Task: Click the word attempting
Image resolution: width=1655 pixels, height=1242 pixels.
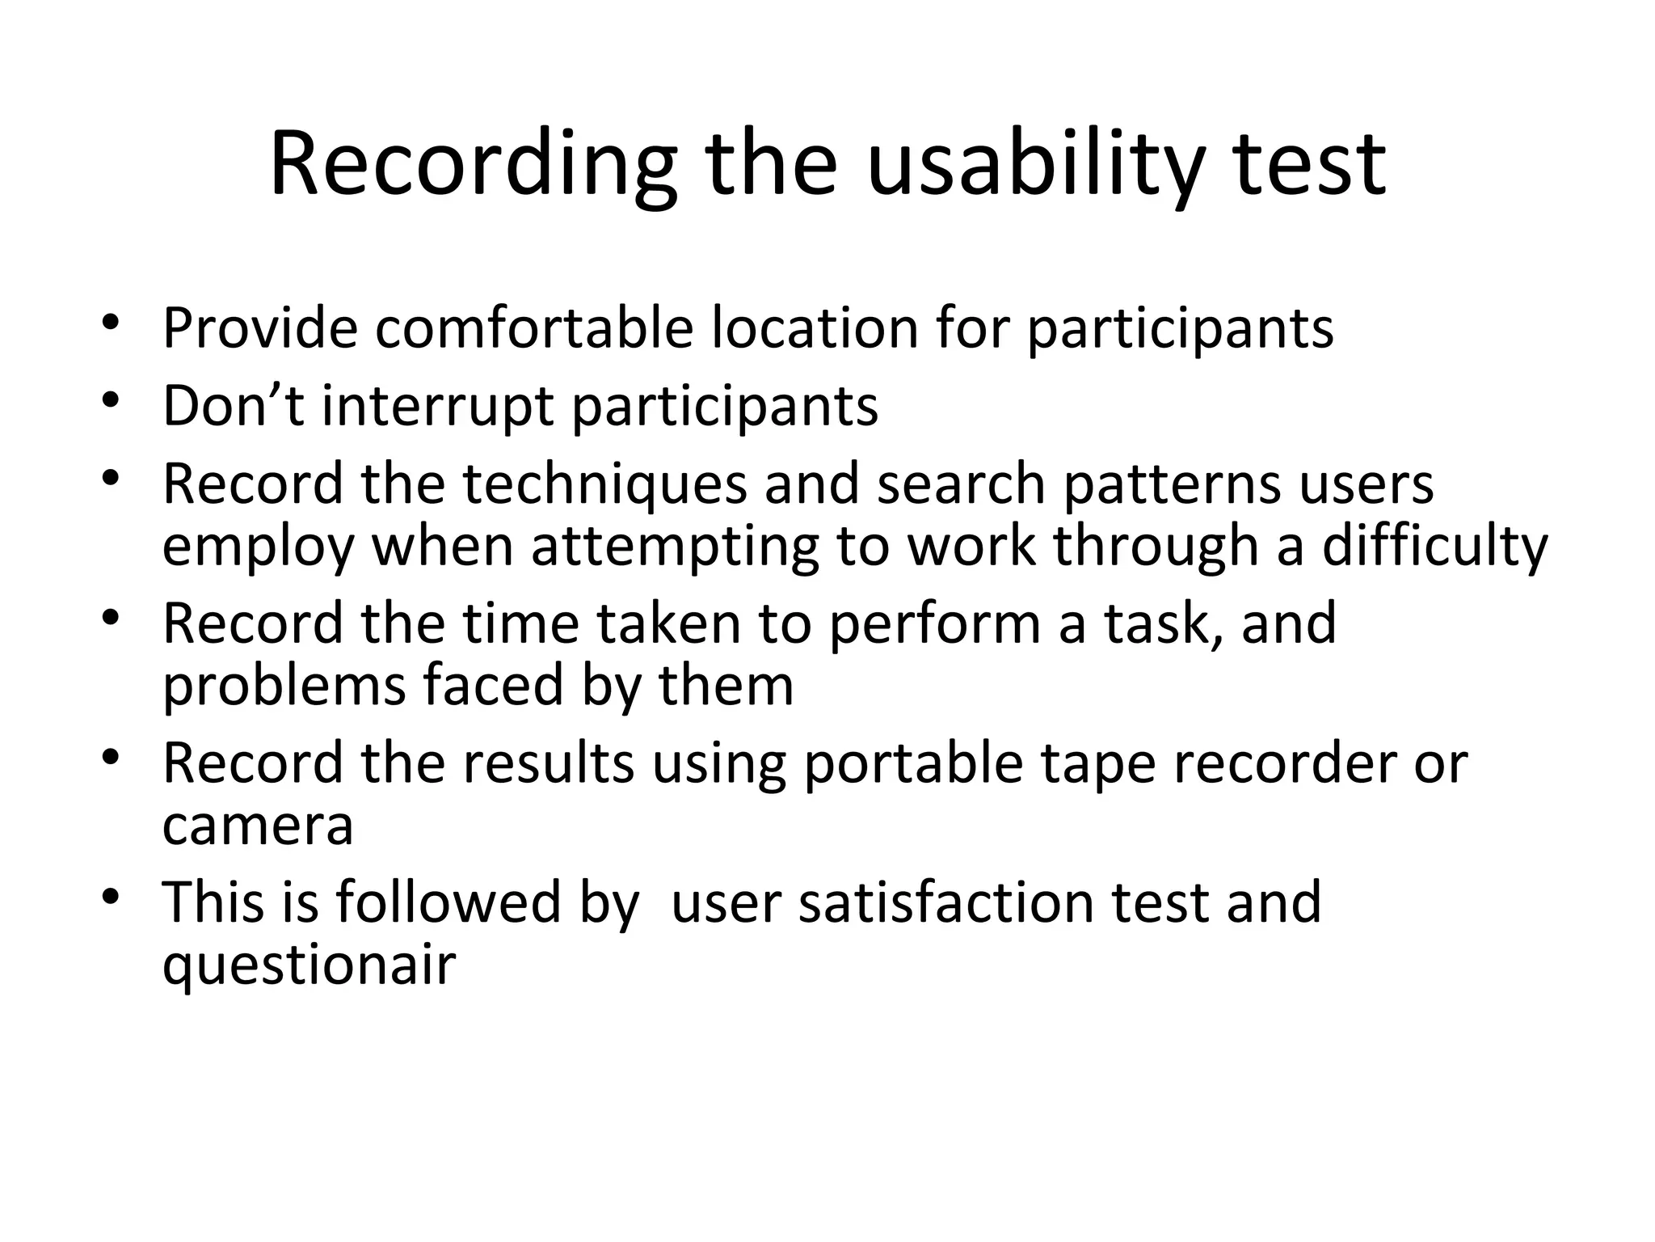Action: (675, 547)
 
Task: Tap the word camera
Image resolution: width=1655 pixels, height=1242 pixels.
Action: (258, 826)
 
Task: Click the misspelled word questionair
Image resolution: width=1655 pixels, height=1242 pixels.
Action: (310, 965)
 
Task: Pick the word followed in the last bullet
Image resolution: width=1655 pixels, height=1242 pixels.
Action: (448, 903)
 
